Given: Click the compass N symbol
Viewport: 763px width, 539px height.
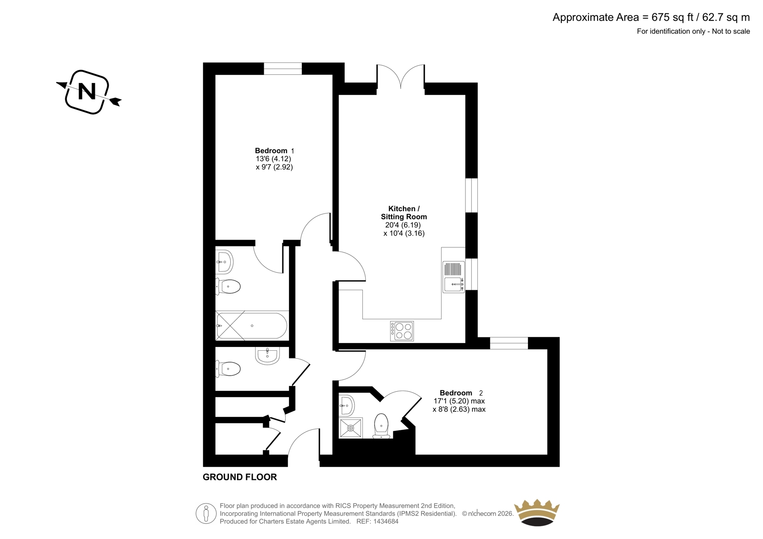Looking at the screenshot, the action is pyautogui.click(x=88, y=92).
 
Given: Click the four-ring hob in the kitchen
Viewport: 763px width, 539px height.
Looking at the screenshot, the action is pyautogui.click(x=402, y=331).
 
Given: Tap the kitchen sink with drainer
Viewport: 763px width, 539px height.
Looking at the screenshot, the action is pyautogui.click(x=454, y=277).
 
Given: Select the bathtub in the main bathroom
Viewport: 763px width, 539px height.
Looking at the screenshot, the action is pyautogui.click(x=252, y=325).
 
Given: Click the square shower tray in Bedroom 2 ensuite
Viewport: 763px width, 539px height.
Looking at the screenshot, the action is pyautogui.click(x=351, y=428).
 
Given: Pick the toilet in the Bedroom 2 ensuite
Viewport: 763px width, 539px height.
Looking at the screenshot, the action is pyautogui.click(x=381, y=426).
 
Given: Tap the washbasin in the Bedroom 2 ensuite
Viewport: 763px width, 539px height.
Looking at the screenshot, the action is pyautogui.click(x=346, y=406).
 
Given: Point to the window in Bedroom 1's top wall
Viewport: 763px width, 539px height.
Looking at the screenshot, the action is pyautogui.click(x=283, y=69).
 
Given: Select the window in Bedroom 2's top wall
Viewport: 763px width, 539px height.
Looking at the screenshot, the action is pyautogui.click(x=509, y=343).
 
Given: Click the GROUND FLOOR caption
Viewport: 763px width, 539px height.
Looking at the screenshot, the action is pyautogui.click(x=240, y=477).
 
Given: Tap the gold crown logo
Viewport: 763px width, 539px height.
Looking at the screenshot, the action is pyautogui.click(x=536, y=512).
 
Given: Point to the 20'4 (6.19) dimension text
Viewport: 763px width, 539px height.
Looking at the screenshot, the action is pyautogui.click(x=403, y=225).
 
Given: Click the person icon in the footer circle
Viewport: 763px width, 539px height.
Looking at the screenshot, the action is pyautogui.click(x=206, y=513).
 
